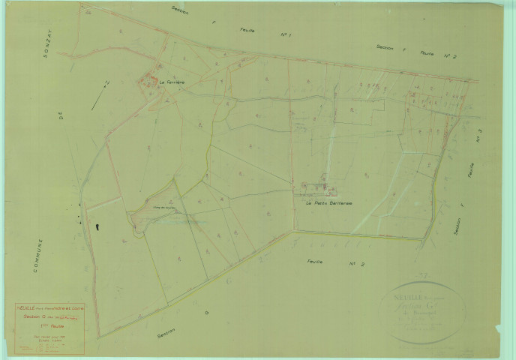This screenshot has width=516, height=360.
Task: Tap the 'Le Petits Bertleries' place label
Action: (x=329, y=202)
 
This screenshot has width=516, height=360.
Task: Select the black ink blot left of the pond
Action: (x=97, y=223)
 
